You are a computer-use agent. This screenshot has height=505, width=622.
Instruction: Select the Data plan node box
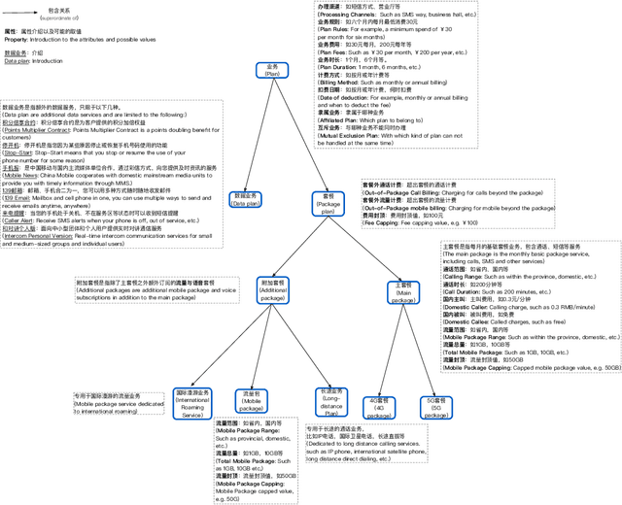(x=245, y=200)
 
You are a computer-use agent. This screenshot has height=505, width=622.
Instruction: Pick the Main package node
(x=402, y=292)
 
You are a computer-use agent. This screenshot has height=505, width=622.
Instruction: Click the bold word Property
(x=17, y=39)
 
